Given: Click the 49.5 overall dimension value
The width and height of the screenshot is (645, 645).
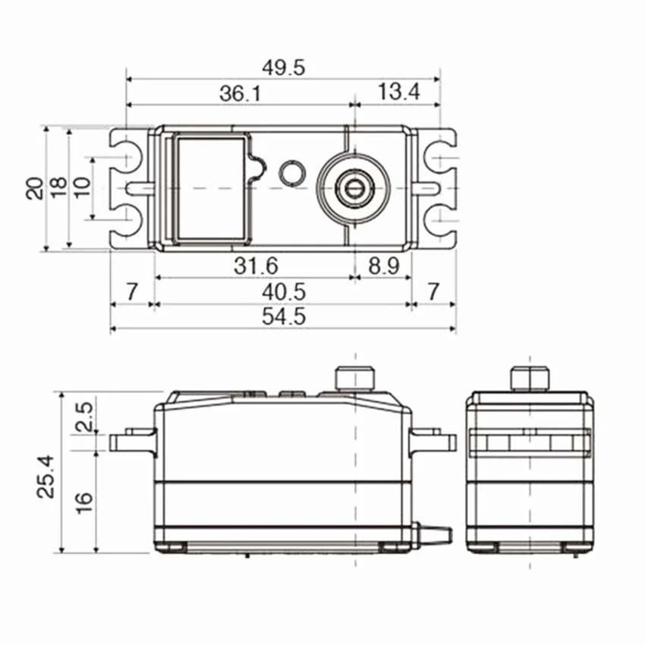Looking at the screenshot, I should coord(284,67).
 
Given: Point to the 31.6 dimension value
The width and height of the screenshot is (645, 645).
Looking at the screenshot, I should coord(255,266).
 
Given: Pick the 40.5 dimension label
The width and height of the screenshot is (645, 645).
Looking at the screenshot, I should coord(284,292).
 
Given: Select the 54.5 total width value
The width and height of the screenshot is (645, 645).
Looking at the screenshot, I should coord(284,317).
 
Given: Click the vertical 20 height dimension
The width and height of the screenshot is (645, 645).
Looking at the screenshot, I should coord(34,188).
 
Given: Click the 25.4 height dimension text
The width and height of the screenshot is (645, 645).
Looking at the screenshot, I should coord(47,476).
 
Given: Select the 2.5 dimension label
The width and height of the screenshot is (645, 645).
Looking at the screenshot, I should coord(85,417).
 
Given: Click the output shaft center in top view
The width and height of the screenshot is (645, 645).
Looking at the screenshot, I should coord(353,187).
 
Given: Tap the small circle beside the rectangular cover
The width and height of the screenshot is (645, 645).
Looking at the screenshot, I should coord(291,172).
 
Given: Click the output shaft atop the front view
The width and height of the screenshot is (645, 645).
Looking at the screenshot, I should coord(356,377).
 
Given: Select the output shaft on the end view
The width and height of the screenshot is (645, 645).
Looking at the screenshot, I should coord(530,377).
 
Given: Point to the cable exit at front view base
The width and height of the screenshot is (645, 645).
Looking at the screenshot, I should coord(434,535).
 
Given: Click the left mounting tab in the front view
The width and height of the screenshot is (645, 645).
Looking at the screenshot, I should coord(131,440).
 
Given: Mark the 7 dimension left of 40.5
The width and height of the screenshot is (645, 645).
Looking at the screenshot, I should coord(131,292).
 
